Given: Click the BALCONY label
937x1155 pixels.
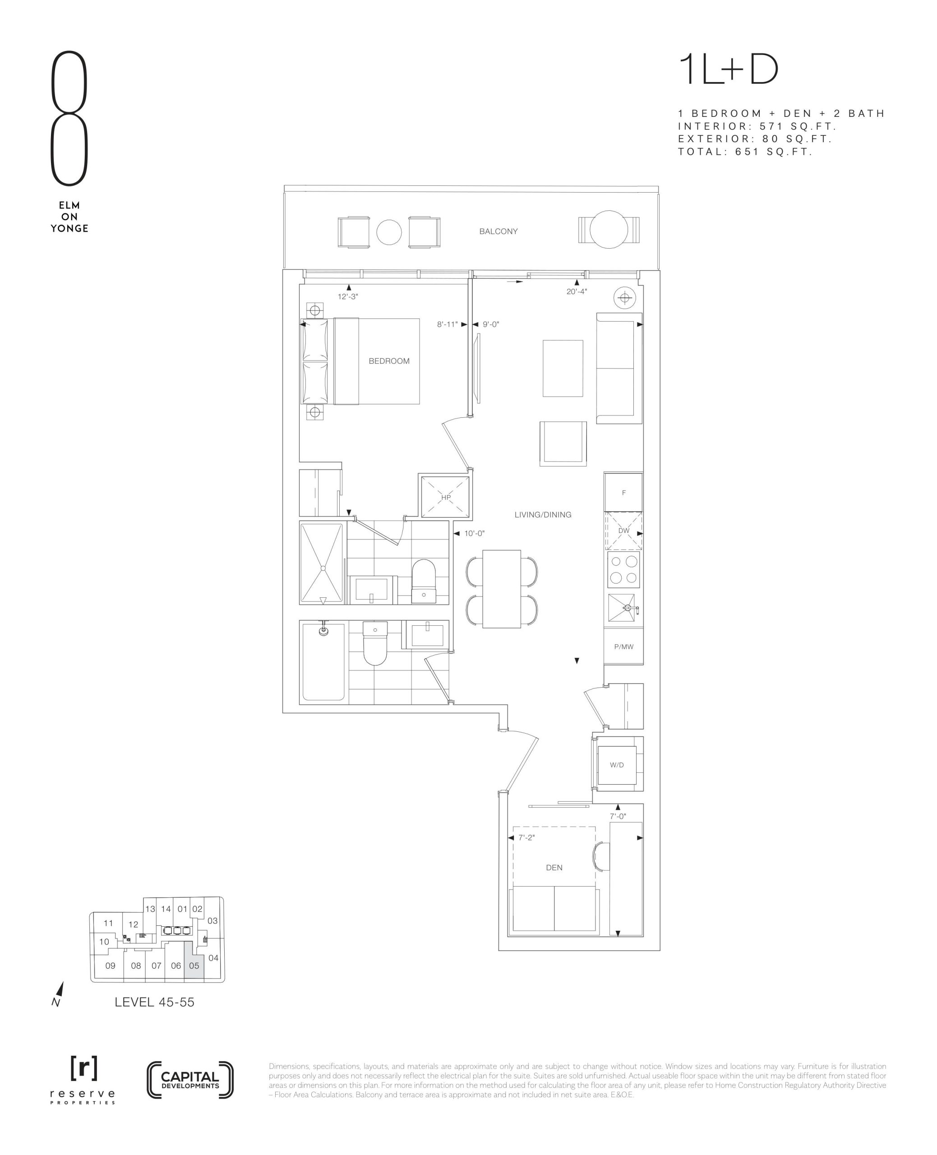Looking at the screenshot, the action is tap(498, 231).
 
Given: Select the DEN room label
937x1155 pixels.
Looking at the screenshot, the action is tap(554, 867).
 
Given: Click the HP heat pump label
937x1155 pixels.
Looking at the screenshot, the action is tap(446, 497).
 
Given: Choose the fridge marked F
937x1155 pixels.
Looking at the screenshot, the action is tap(623, 492).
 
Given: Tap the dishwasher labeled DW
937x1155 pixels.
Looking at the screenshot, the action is tap(623, 531).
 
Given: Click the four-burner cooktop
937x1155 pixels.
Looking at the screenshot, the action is tap(623, 569).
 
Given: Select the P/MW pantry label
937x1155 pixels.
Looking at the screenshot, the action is tap(623, 647).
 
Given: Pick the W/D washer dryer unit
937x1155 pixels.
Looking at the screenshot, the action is tap(617, 765).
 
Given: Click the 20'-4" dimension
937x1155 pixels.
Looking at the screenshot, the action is tap(577, 291).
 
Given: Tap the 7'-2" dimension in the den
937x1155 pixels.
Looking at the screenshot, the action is tap(526, 838).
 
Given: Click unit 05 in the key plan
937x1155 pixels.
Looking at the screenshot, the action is tap(194, 966).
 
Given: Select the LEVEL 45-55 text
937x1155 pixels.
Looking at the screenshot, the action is tap(154, 1002).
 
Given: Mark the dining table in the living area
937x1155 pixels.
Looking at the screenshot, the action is tap(501, 589).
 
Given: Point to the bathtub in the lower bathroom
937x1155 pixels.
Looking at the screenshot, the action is tap(323, 662).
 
